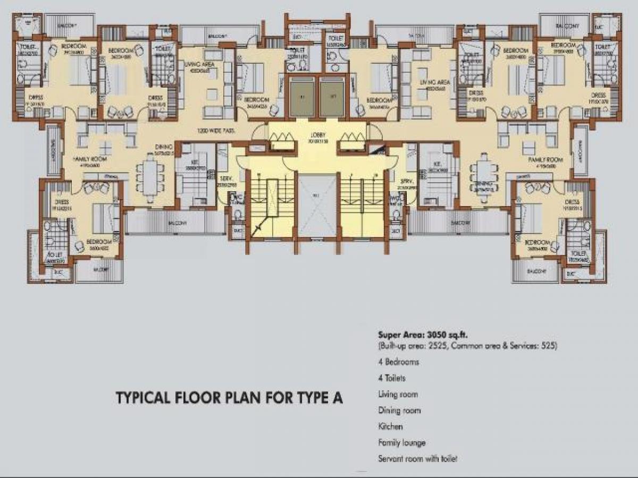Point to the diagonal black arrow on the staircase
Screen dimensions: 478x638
point(259,228)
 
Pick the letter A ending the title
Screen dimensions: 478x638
point(338,398)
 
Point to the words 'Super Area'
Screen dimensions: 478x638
point(397,335)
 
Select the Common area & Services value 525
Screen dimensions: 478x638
point(547,346)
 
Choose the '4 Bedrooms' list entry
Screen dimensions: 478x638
point(398,362)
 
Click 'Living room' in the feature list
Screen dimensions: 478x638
point(398,395)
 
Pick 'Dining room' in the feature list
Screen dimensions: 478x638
point(399,411)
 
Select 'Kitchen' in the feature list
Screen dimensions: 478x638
point(390,426)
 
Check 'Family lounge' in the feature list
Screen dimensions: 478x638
point(401,442)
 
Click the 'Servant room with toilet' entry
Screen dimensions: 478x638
point(417,458)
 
